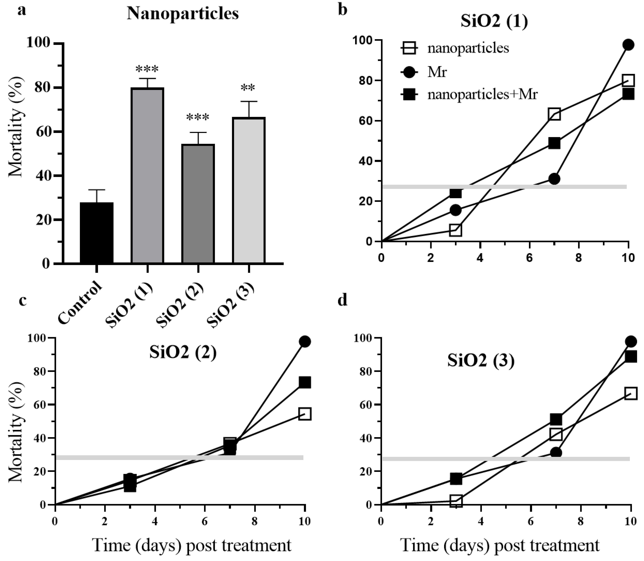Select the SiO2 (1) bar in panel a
[147, 175]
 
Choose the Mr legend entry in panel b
[437, 72]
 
